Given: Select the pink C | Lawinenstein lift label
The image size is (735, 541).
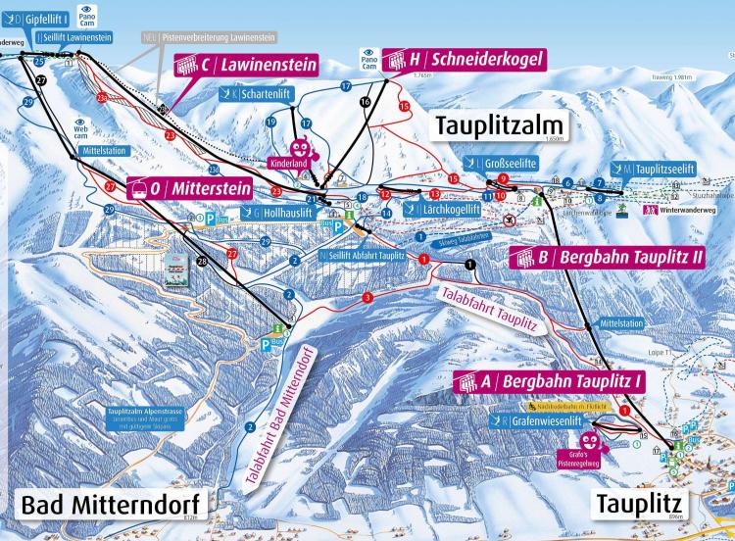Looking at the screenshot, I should [247, 66].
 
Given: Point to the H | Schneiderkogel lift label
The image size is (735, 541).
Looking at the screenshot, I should [462, 59].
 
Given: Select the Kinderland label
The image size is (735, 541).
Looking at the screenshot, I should [289, 164].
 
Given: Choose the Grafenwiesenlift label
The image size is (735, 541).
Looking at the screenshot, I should [540, 421].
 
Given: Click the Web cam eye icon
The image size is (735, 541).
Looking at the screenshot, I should [80, 124].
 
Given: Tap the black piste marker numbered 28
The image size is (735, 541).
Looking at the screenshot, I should [201, 261].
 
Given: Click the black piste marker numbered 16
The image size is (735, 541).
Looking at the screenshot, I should [366, 101].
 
